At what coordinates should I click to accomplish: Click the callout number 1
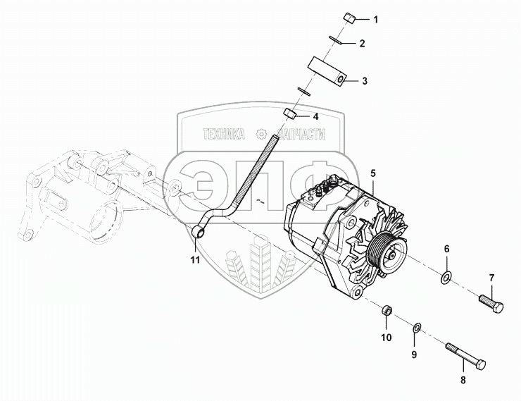pos(375,19)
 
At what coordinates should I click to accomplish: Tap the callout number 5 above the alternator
pos(373,172)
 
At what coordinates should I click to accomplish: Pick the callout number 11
pos(195,260)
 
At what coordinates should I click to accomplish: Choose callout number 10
pos(387,338)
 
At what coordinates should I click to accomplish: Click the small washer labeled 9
pos(416,326)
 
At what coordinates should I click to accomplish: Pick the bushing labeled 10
pos(387,309)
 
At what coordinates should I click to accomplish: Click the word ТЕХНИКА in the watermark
pos(224,134)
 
